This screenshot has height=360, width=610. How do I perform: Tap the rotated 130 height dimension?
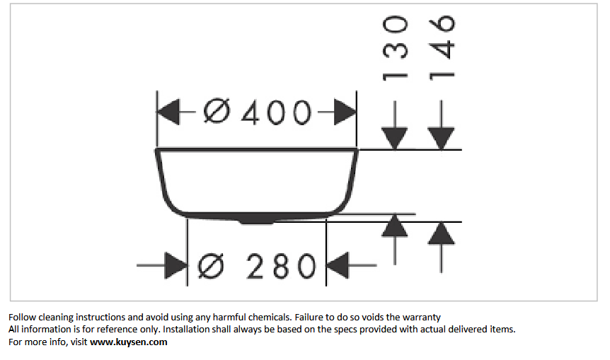395,48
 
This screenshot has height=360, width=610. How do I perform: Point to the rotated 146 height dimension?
442,48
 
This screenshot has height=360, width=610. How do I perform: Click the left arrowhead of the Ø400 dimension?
168,112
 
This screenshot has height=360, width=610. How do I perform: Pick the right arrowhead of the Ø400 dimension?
345,112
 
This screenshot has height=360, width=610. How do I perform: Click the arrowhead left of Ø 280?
175,265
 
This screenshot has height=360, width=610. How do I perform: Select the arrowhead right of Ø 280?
338,265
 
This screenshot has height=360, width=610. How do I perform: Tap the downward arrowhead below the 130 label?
394,139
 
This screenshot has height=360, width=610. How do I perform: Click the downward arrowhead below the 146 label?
441,139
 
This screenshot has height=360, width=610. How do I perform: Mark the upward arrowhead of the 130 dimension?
394,226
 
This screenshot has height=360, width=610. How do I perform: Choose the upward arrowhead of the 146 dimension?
441,233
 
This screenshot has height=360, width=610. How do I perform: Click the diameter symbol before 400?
217,112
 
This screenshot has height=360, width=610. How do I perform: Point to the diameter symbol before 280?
212,266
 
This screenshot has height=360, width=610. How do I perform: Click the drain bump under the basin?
256,221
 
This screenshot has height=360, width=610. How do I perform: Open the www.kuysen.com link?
129,342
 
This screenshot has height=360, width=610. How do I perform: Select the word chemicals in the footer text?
270,318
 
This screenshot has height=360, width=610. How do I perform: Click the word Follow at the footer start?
22,318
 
